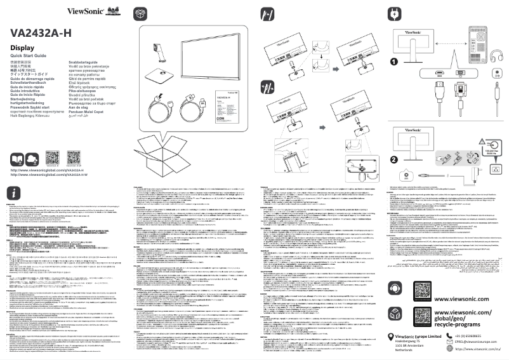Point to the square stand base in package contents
(159, 79)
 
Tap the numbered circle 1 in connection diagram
(393, 62)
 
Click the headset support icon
(394, 270)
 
